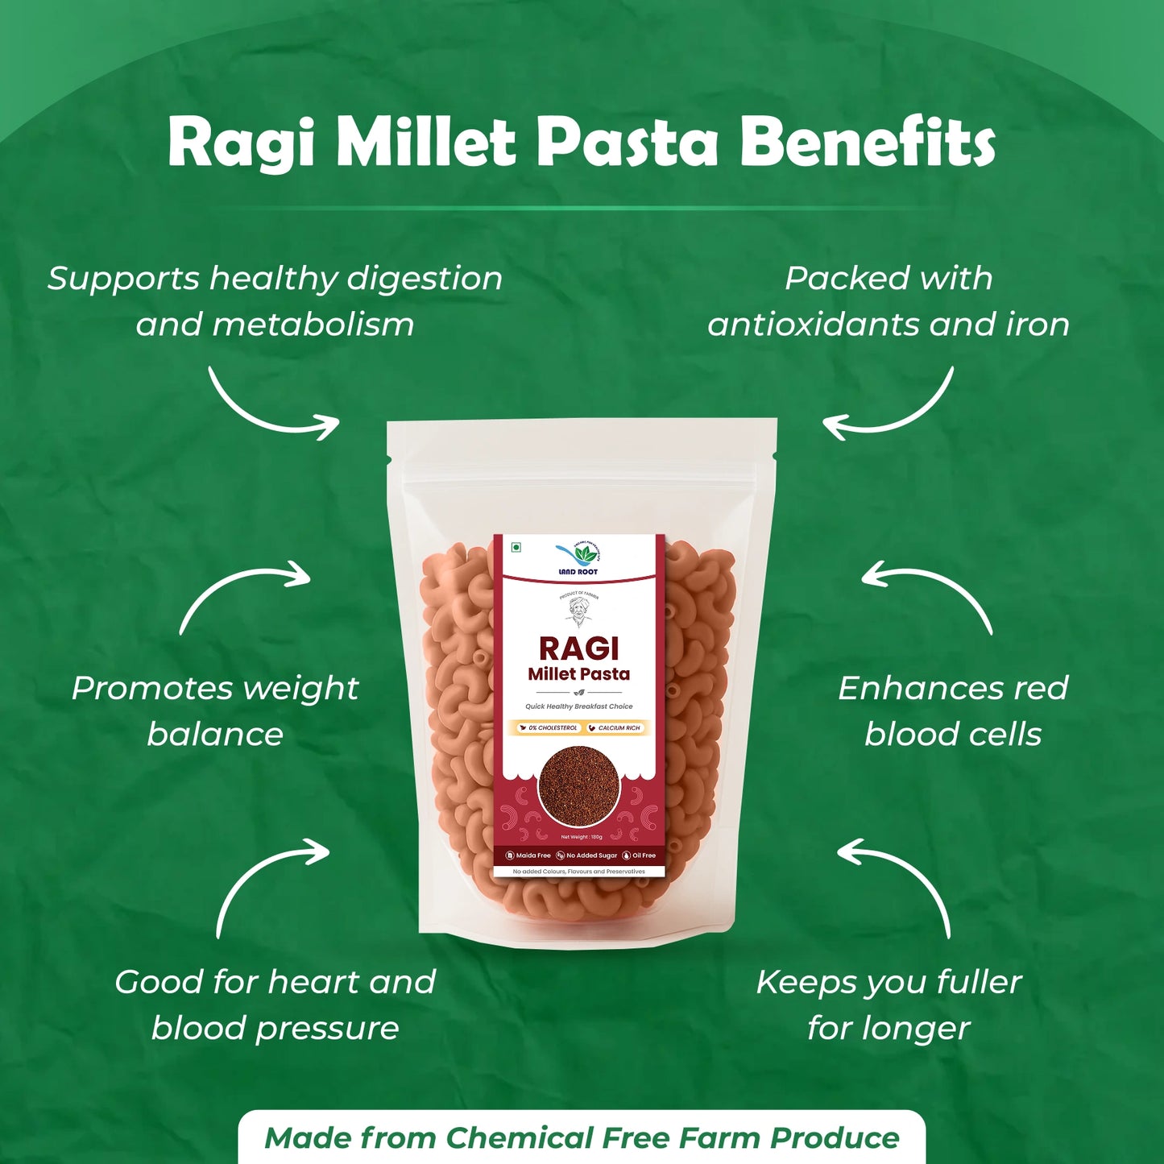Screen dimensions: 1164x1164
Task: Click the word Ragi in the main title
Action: click(241, 143)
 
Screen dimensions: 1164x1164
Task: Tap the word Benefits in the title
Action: click(868, 142)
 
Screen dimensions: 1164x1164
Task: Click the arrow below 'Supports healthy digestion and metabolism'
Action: click(270, 406)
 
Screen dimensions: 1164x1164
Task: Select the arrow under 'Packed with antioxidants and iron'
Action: click(891, 408)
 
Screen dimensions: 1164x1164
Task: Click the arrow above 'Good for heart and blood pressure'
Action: click(270, 883)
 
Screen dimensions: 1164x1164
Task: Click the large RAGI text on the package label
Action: click(578, 648)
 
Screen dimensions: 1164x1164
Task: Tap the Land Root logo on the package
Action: click(578, 558)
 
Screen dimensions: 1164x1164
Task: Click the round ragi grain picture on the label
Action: click(578, 786)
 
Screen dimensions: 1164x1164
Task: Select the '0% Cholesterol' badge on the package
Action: click(549, 727)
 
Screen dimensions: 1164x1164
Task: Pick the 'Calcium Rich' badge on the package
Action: click(615, 727)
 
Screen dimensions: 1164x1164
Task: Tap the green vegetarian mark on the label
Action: click(516, 548)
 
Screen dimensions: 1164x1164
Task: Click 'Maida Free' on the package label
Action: click(528, 855)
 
